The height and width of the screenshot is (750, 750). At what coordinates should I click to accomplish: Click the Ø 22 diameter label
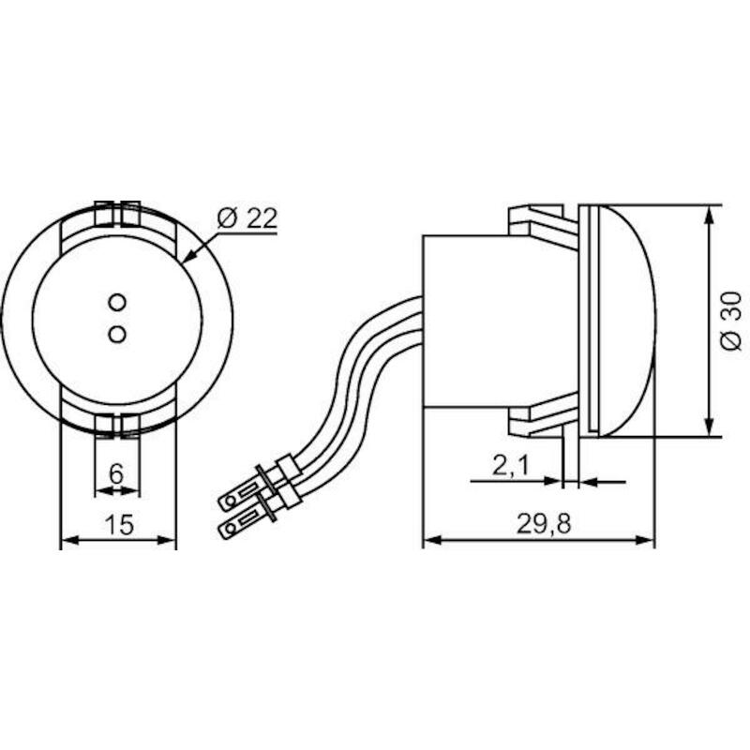coord(247,218)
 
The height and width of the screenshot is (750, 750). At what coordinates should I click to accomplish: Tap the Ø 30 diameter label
coord(732,322)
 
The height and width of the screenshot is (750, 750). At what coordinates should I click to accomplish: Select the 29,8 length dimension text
coord(544,524)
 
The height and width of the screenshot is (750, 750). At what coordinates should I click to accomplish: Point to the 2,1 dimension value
coord(511,465)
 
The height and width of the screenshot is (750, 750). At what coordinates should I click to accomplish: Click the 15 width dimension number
coord(119,525)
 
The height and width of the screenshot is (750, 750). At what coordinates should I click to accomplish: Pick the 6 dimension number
coord(116,474)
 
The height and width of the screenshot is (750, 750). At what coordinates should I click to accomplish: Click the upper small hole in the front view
coord(117,302)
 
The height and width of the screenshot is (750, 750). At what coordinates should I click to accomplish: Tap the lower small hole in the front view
coord(117,334)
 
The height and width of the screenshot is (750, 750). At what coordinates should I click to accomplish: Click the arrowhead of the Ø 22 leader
coord(190,256)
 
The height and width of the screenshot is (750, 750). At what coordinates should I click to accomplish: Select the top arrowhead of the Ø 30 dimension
coord(710,215)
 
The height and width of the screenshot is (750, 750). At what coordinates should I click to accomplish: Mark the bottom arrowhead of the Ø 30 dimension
coord(710,427)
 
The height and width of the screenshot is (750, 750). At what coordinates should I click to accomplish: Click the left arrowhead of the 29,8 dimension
coord(432,540)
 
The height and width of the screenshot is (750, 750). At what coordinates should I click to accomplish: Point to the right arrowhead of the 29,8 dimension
coord(645,540)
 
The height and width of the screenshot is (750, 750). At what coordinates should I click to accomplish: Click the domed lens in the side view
coord(627,321)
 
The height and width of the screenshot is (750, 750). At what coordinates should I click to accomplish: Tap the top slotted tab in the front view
coord(117,214)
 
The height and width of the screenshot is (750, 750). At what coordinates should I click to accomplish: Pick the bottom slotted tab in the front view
coord(117,426)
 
